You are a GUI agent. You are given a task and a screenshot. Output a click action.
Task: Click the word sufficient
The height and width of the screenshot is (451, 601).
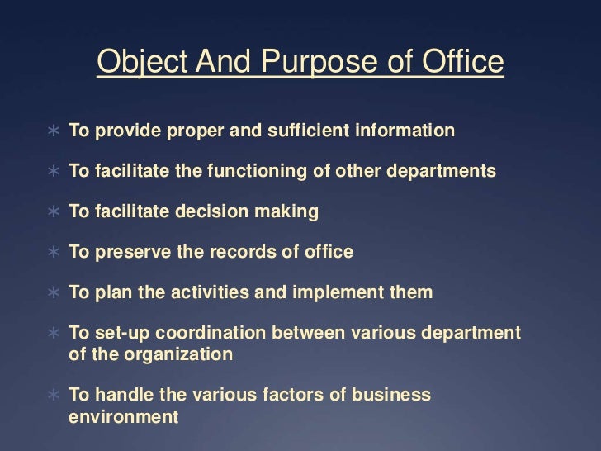coord(303,131)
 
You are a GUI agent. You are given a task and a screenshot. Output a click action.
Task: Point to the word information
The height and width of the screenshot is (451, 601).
coord(405,131)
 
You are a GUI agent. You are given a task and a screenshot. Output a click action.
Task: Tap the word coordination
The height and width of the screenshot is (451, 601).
coord(213,333)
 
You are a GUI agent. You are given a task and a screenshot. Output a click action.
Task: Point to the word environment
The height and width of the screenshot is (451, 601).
coord(123,416)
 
